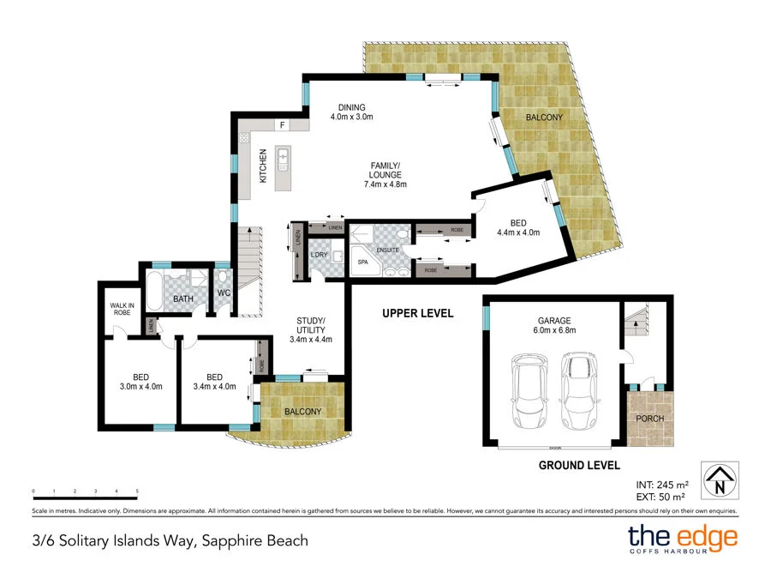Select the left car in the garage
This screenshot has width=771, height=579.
pyautogui.click(x=527, y=390)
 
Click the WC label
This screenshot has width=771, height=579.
pyautogui.click(x=224, y=293)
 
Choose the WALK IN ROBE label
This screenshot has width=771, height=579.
pyautogui.click(x=122, y=309)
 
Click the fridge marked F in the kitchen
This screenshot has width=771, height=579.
pyautogui.click(x=281, y=125)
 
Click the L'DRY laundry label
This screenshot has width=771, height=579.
pyautogui.click(x=319, y=255)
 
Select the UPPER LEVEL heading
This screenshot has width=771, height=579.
pyautogui.click(x=417, y=313)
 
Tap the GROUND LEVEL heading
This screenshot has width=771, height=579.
pyautogui.click(x=578, y=466)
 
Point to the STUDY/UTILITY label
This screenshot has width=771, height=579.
pyautogui.click(x=310, y=329)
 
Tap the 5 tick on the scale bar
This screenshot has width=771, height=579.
pyautogui.click(x=137, y=492)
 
